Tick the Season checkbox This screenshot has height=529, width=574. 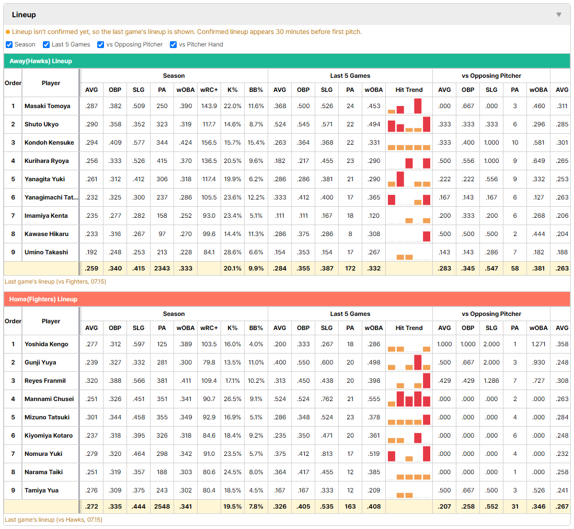(x=9, y=44)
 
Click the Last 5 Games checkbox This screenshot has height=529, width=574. (x=46, y=44)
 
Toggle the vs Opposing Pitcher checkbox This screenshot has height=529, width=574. (x=101, y=44)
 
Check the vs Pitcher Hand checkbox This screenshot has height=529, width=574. (x=173, y=44)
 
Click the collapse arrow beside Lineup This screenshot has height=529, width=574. (x=559, y=15)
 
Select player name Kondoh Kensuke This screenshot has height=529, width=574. (x=49, y=143)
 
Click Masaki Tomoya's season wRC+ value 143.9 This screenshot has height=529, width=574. (x=209, y=106)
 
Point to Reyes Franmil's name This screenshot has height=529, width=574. (x=45, y=381)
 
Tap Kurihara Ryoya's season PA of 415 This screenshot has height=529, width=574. (x=162, y=161)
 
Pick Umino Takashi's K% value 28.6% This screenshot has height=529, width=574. (x=233, y=252)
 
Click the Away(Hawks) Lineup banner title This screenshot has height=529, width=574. (x=41, y=61)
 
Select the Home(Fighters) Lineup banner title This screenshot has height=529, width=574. (x=43, y=299)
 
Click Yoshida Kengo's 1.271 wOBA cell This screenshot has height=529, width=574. (x=538, y=344)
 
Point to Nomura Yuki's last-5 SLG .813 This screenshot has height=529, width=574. (x=327, y=454)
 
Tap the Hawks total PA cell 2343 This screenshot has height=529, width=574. (x=162, y=268)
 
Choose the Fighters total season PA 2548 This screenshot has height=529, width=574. (x=162, y=507)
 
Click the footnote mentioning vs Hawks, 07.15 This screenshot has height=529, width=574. (x=53, y=520)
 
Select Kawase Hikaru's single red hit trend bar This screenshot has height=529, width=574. (x=427, y=236)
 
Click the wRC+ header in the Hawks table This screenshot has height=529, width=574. (x=209, y=90)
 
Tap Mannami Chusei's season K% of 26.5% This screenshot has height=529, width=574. (x=233, y=399)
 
